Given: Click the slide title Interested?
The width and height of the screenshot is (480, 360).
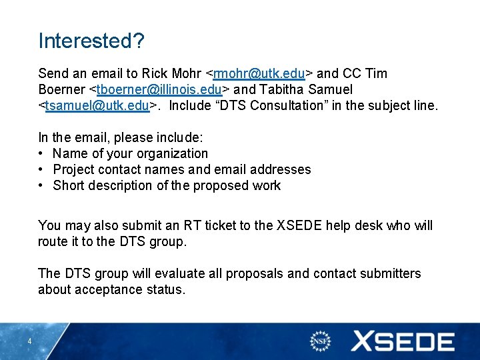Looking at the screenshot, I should click(91, 41).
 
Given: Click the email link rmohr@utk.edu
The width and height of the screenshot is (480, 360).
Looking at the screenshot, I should click(259, 73).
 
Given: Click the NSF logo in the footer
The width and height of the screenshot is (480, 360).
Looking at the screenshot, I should click(321, 341).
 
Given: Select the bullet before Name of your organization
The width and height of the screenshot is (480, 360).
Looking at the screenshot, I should click(41, 154).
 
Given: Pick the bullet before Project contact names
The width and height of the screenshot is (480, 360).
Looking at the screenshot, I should click(41, 170).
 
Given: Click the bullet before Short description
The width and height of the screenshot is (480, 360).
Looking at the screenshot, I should click(41, 186).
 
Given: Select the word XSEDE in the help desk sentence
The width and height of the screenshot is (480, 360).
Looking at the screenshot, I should click(296, 226).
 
